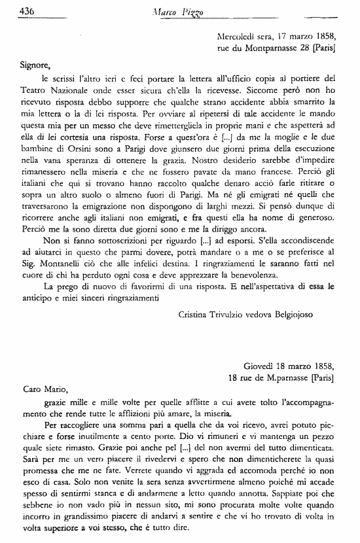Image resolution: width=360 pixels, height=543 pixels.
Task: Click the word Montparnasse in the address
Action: pyautogui.click(x=267, y=48)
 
